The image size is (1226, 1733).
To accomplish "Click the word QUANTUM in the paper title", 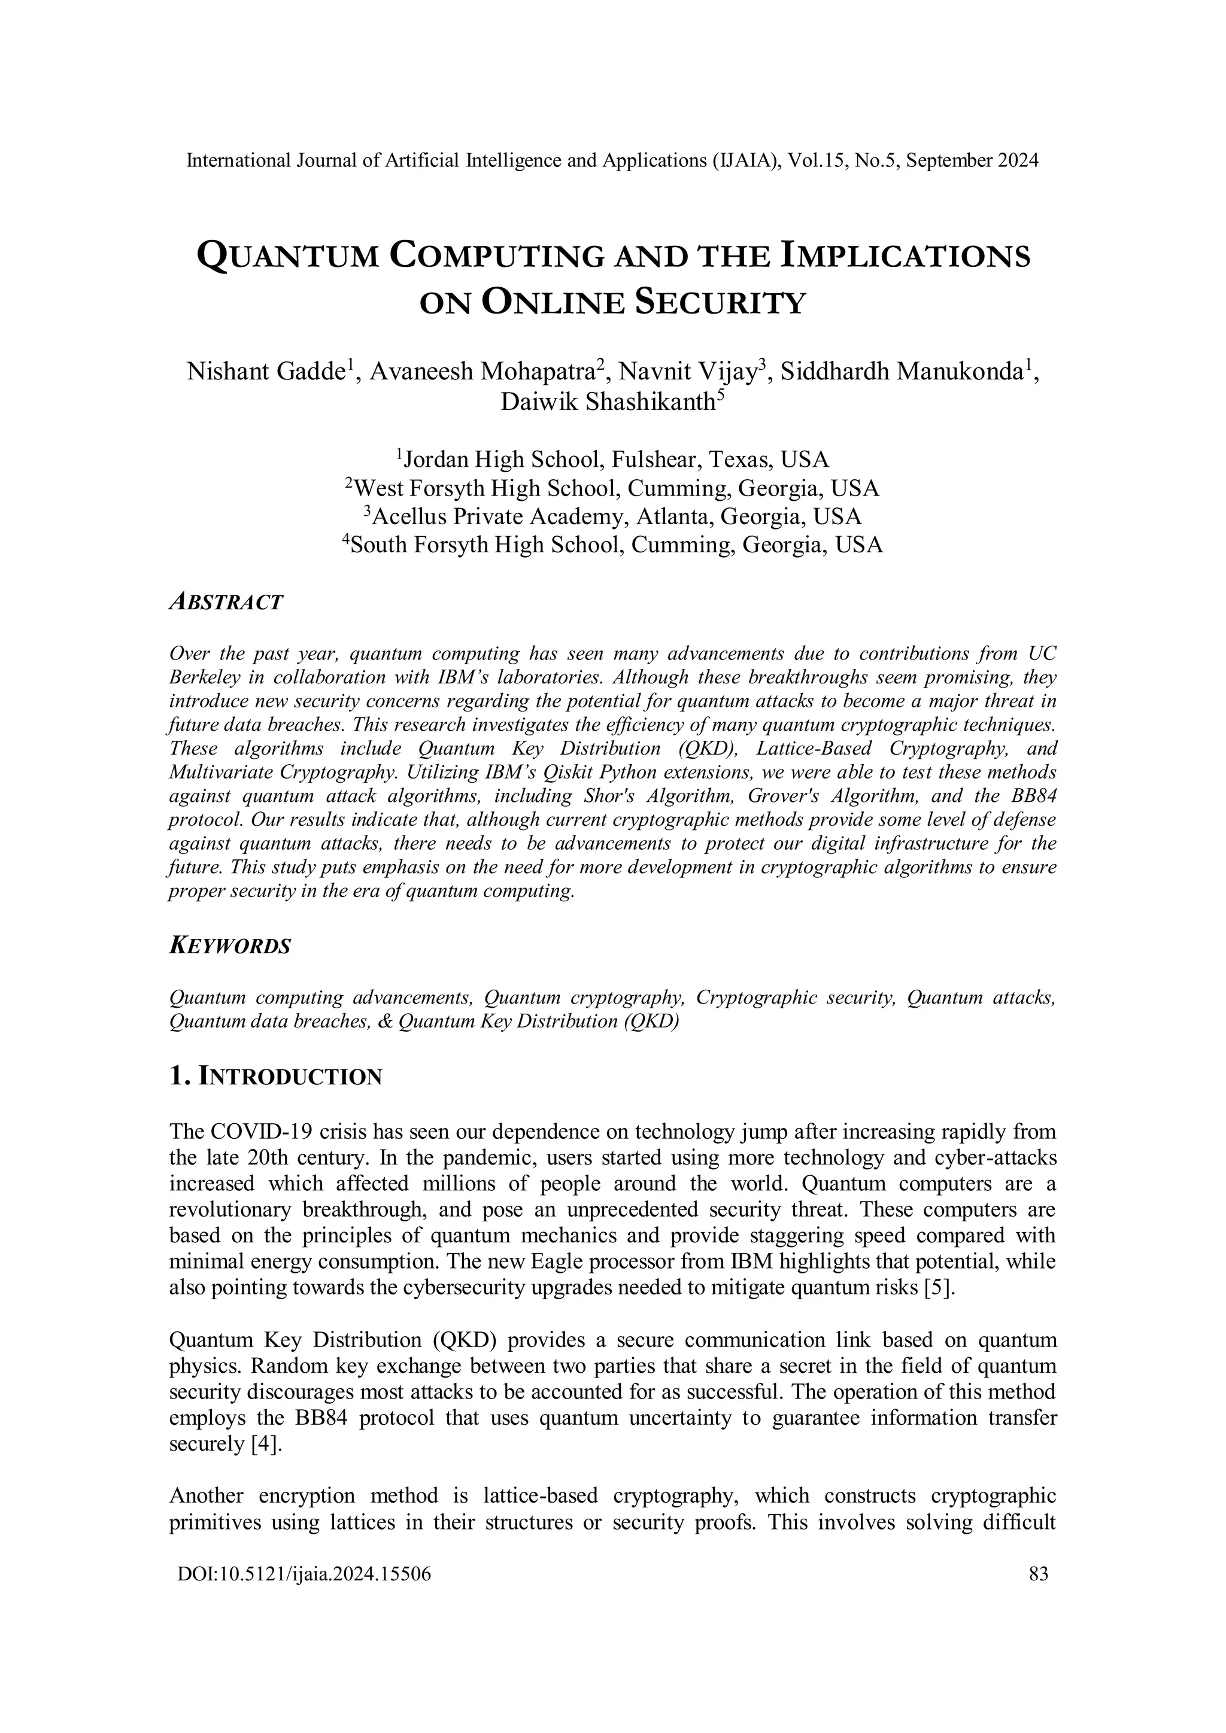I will (287, 256).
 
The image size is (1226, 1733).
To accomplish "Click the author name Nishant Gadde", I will (266, 372).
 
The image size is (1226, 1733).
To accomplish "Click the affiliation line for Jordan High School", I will (613, 459).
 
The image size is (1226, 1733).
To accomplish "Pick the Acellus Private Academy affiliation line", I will (613, 516).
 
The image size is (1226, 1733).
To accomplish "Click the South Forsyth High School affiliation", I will (613, 545).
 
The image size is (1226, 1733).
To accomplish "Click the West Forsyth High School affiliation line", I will (613, 488).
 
